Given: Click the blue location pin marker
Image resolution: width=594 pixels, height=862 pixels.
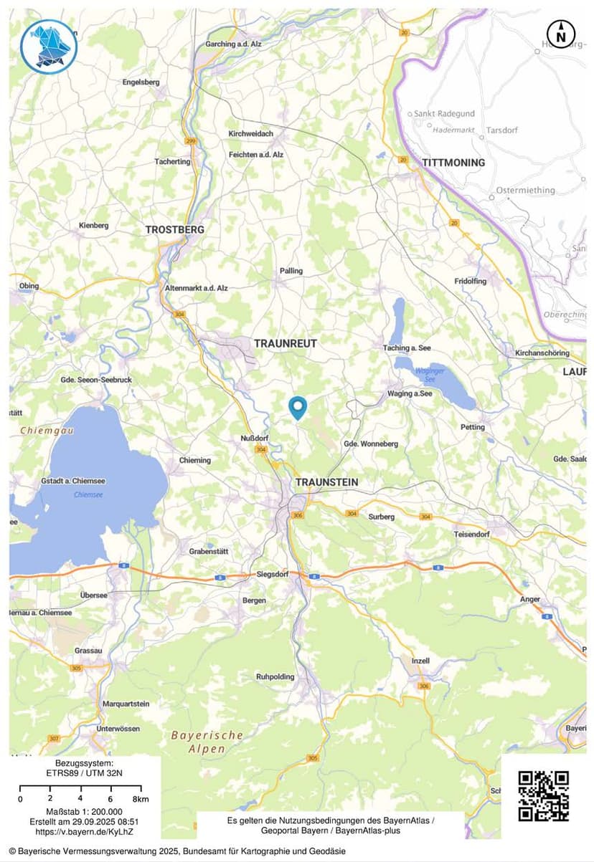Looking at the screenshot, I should pos(297,407).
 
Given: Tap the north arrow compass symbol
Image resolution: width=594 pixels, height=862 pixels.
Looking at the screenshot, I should pos(561,34).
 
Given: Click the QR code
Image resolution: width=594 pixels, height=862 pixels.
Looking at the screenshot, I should pos(543,795).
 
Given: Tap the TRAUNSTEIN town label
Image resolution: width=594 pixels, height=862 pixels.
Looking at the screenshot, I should pos(326,482).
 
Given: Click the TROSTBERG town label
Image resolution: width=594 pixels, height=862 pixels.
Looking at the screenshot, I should pos(175,229).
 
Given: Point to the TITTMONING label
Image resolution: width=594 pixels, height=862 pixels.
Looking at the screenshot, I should pos(453,163).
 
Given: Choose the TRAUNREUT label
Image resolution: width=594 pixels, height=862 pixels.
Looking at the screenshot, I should pos(285,344).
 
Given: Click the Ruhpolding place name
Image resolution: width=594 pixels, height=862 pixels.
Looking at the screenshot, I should pos(275,676).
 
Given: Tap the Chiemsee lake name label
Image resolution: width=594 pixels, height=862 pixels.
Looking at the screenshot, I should pos(88,495).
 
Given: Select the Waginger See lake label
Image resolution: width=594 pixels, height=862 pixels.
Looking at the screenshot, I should pos(430,375).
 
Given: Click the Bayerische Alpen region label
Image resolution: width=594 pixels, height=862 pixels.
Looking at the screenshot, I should pos(207,742).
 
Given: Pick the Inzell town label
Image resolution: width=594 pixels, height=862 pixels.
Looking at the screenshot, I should pos(420,660).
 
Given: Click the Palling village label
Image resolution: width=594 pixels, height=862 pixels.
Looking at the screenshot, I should pos(291,271).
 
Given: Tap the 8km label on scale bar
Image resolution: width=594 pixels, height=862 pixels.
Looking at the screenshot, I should pos(141,798).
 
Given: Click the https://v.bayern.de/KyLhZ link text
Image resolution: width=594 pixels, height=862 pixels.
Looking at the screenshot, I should pos(83,832).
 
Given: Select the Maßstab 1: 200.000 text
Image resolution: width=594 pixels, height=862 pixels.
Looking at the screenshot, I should pos(83,811).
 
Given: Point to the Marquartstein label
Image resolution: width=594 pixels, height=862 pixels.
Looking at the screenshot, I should pos(126,704).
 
